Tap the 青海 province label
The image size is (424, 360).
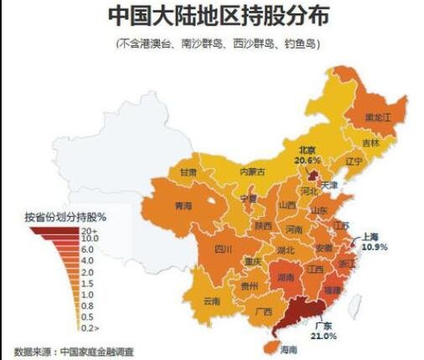coord(183,204)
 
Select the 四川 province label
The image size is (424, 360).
coord(223,249)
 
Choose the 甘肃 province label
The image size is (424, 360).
coord(188,172)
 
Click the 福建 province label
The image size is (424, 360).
coord(333,289)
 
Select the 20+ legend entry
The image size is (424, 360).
coord(89,230)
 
